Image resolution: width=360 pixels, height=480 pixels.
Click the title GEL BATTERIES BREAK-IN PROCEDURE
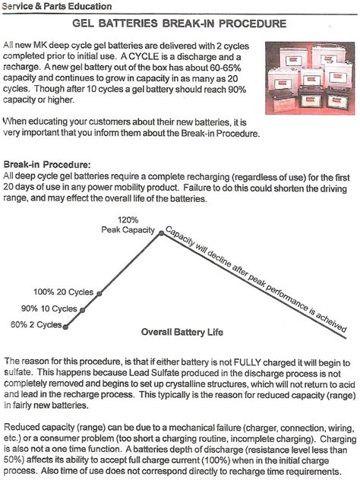(179, 24)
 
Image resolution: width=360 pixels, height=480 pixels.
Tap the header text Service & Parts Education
(57, 6)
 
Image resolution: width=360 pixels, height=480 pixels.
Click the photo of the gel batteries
(310, 78)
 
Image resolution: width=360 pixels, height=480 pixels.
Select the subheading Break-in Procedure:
(47, 164)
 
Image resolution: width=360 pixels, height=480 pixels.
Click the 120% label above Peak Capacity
(128, 219)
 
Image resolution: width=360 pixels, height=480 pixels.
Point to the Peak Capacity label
(128, 230)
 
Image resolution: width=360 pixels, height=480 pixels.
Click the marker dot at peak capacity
(161, 234)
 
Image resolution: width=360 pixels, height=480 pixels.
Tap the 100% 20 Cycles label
(63, 292)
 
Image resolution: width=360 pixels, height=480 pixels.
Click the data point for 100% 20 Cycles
(99, 294)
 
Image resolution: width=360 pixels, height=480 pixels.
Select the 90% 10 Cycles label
(49, 308)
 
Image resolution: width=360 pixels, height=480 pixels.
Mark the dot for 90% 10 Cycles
(82, 310)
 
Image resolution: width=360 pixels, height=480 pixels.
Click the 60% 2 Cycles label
(36, 324)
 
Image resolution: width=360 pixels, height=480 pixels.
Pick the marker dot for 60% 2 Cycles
(65, 327)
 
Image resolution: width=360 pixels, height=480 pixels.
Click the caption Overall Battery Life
(182, 332)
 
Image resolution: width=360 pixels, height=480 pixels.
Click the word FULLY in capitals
(247, 362)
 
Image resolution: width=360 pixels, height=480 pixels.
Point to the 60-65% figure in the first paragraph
(226, 68)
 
